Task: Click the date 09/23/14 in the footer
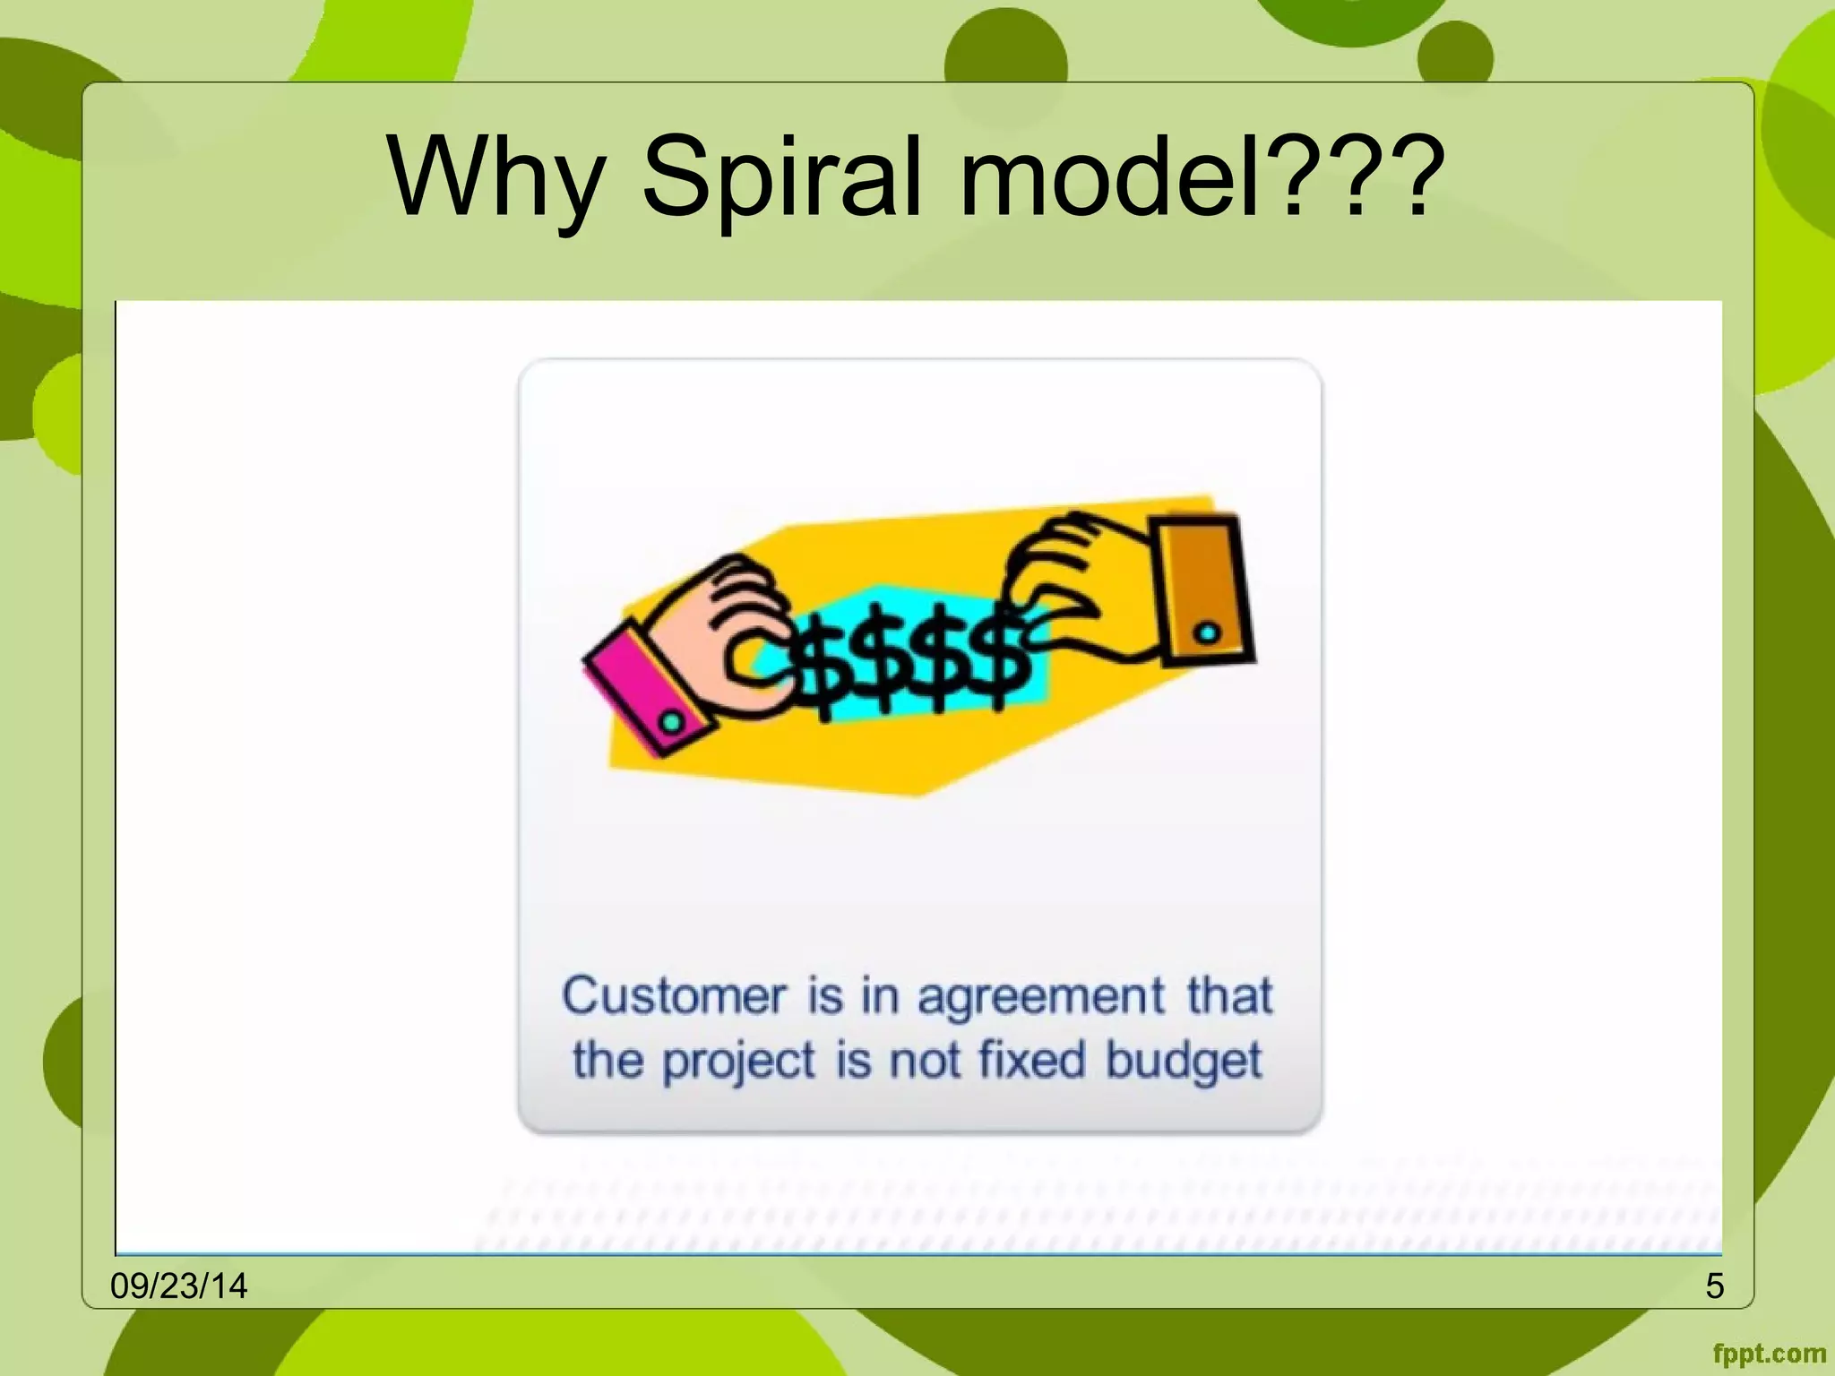point(178,1286)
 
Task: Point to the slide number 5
point(1714,1286)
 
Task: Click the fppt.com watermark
point(1769,1354)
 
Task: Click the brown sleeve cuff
point(1203,589)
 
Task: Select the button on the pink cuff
point(671,721)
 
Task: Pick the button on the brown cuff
point(1208,633)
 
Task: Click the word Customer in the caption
point(674,996)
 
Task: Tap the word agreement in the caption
point(1040,998)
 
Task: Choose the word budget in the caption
point(1184,1062)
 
